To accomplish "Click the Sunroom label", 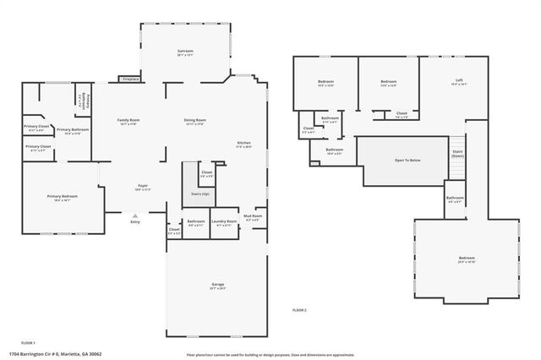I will tap(185, 52).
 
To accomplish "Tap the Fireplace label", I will tap(131, 79).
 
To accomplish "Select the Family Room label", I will tap(128, 121).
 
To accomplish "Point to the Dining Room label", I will tap(195, 121).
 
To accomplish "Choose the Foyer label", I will tap(144, 186).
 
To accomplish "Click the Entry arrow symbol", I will tap(134, 216).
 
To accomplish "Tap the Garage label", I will tap(217, 286).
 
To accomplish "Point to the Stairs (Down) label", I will tap(457, 154).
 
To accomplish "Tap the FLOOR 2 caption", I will tap(299, 311).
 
